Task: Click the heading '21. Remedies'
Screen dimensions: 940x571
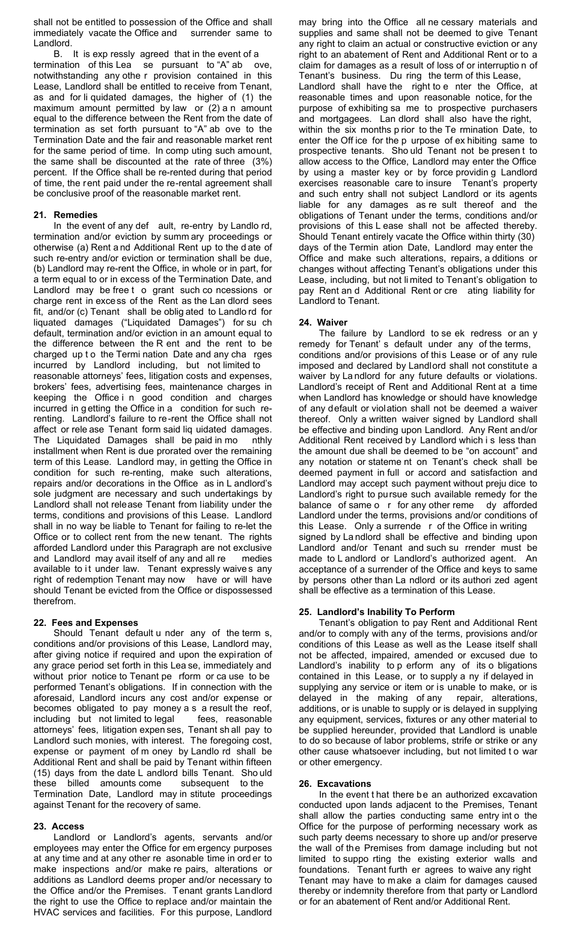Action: click(66, 214)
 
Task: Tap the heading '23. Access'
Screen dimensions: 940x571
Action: click(59, 826)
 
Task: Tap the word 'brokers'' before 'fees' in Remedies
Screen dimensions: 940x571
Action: click(50, 387)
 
